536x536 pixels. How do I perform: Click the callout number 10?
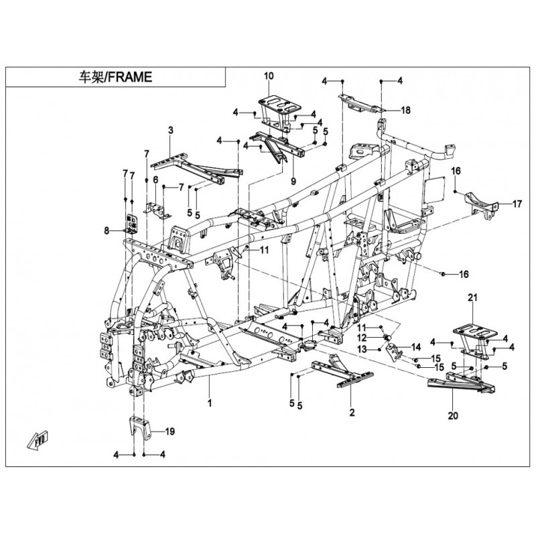pos(269,76)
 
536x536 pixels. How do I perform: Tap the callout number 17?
pos(517,204)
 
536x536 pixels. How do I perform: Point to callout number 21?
pos(472,297)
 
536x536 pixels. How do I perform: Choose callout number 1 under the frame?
pos(209,403)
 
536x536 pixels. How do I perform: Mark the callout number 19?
pos(169,432)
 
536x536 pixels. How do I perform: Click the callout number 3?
pos(170,129)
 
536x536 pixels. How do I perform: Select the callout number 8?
pos(106,231)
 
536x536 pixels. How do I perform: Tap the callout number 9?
pos(292,181)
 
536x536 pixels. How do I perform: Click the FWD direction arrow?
pos(37,440)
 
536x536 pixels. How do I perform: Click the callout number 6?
pos(155,180)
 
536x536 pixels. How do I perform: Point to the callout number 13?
pos(360,350)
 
